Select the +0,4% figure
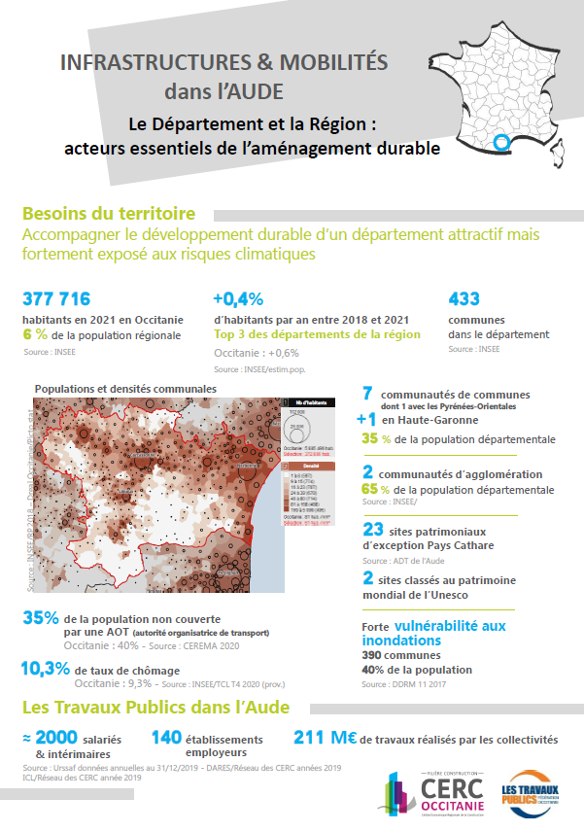[238, 298]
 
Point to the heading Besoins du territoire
[108, 214]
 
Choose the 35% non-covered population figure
[40, 617]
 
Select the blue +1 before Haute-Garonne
[366, 420]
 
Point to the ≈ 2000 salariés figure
[55, 738]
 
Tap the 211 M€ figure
[325, 739]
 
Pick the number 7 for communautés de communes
[368, 393]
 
